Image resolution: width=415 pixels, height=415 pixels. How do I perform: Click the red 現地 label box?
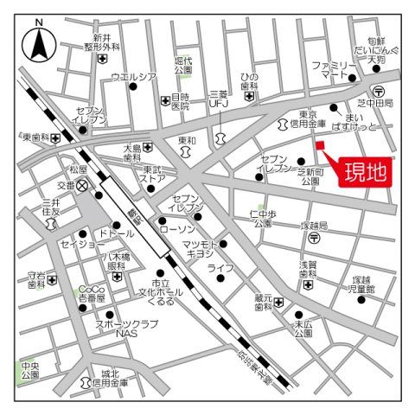coord(361,170)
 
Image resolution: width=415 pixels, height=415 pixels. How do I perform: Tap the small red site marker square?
coord(319,144)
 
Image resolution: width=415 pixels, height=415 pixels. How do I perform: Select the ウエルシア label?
coord(132,78)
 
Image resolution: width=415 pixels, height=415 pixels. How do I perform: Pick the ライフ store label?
coord(221,268)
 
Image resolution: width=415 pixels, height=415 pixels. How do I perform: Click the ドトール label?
coord(116,233)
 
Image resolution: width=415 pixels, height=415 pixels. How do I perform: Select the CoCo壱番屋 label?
coord(92,292)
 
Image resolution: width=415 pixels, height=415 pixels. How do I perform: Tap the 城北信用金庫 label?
coord(110,376)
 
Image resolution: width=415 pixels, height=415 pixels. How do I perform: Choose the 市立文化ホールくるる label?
coord(160,294)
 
